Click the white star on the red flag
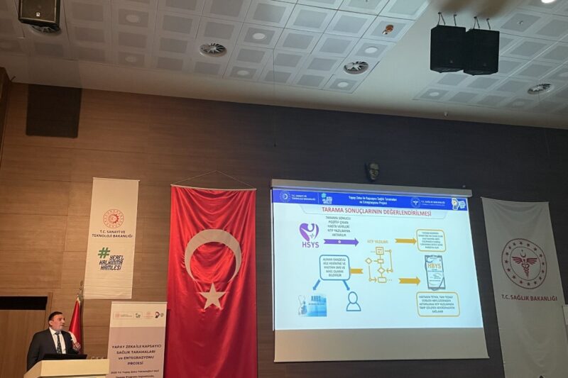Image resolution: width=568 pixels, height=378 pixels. tap(212, 296)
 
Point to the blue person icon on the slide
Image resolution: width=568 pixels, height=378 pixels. tap(353, 301)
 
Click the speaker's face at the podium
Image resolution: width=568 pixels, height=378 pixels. tap(55, 322)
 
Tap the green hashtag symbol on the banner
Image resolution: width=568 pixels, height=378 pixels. tap(104, 252)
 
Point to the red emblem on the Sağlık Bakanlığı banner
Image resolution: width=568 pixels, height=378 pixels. tap(523, 263)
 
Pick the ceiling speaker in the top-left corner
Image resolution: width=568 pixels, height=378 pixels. tap(38, 13)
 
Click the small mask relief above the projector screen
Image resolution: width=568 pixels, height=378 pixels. tap(373, 171)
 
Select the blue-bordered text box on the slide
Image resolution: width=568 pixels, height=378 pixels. tap(334, 268)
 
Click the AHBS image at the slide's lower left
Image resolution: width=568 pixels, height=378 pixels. tap(312, 304)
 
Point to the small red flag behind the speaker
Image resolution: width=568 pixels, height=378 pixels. tap(75, 318)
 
